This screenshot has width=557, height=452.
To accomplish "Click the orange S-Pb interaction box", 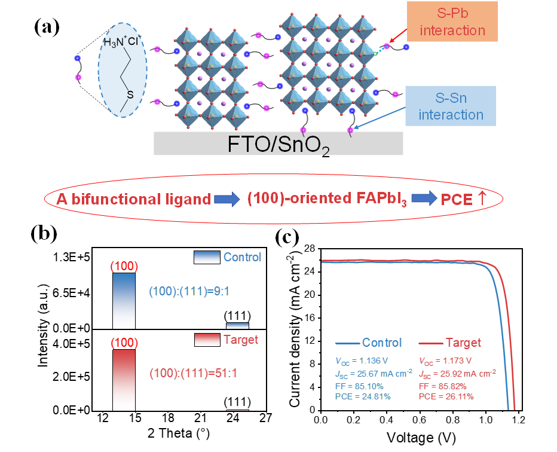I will point(451,22).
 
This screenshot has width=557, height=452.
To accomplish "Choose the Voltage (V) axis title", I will point(421,438).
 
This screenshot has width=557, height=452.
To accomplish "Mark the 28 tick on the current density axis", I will point(310,249).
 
